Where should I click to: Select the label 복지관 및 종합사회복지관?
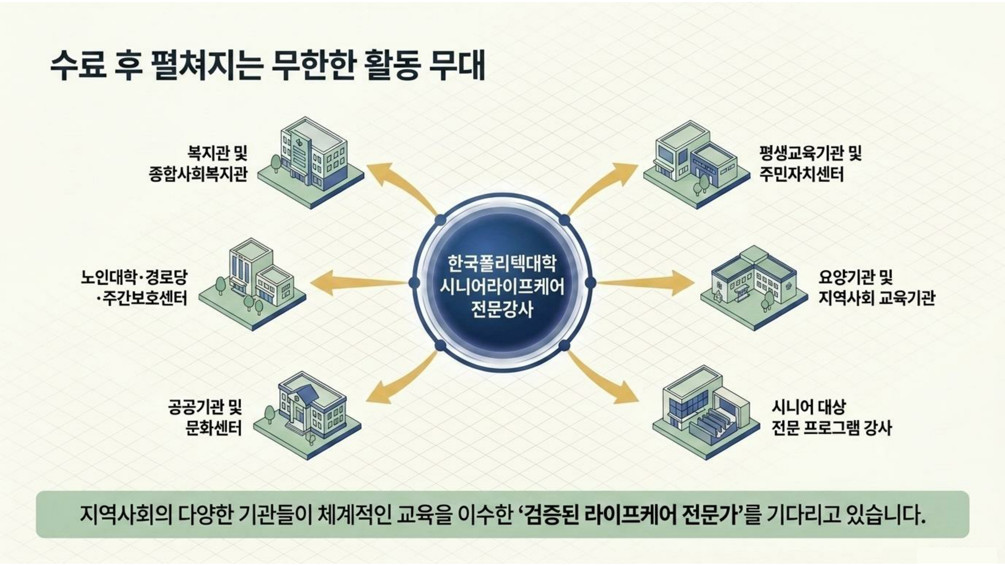[198, 163]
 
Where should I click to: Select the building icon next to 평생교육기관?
[696, 164]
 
